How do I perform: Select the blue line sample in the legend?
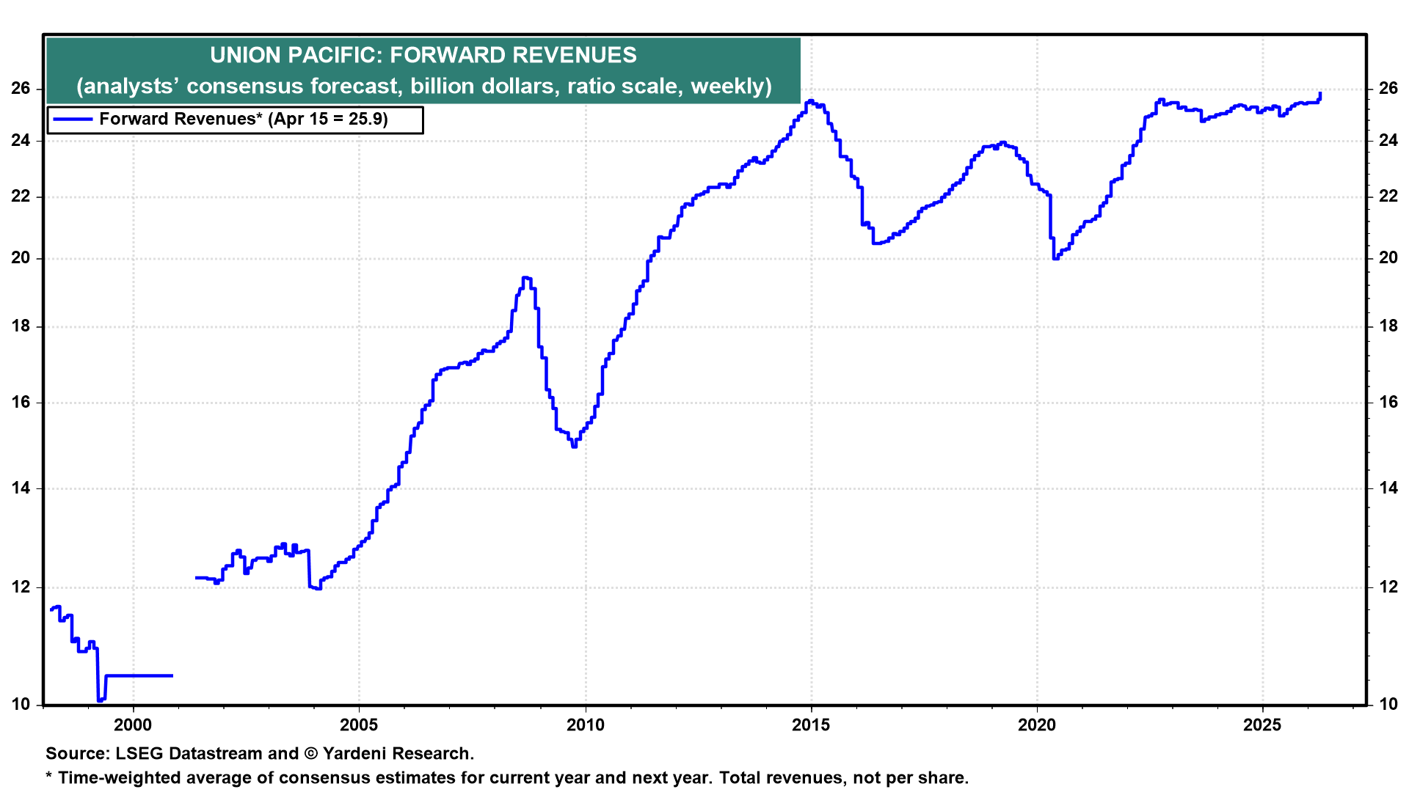tap(73, 120)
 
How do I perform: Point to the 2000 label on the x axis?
tap(133, 725)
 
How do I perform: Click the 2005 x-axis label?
tap(359, 725)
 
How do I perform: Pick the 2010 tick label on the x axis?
tap(585, 725)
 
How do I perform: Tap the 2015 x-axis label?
tap(811, 725)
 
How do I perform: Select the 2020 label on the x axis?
tap(1037, 725)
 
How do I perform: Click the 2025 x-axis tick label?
tap(1262, 725)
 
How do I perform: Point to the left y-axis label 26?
tap(21, 89)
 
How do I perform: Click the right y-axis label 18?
tap(1388, 326)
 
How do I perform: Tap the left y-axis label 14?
tap(21, 488)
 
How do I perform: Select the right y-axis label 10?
tap(1388, 705)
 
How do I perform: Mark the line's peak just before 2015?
tap(810, 101)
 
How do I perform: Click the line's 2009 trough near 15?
tap(574, 445)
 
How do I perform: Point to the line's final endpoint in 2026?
tap(1320, 94)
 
